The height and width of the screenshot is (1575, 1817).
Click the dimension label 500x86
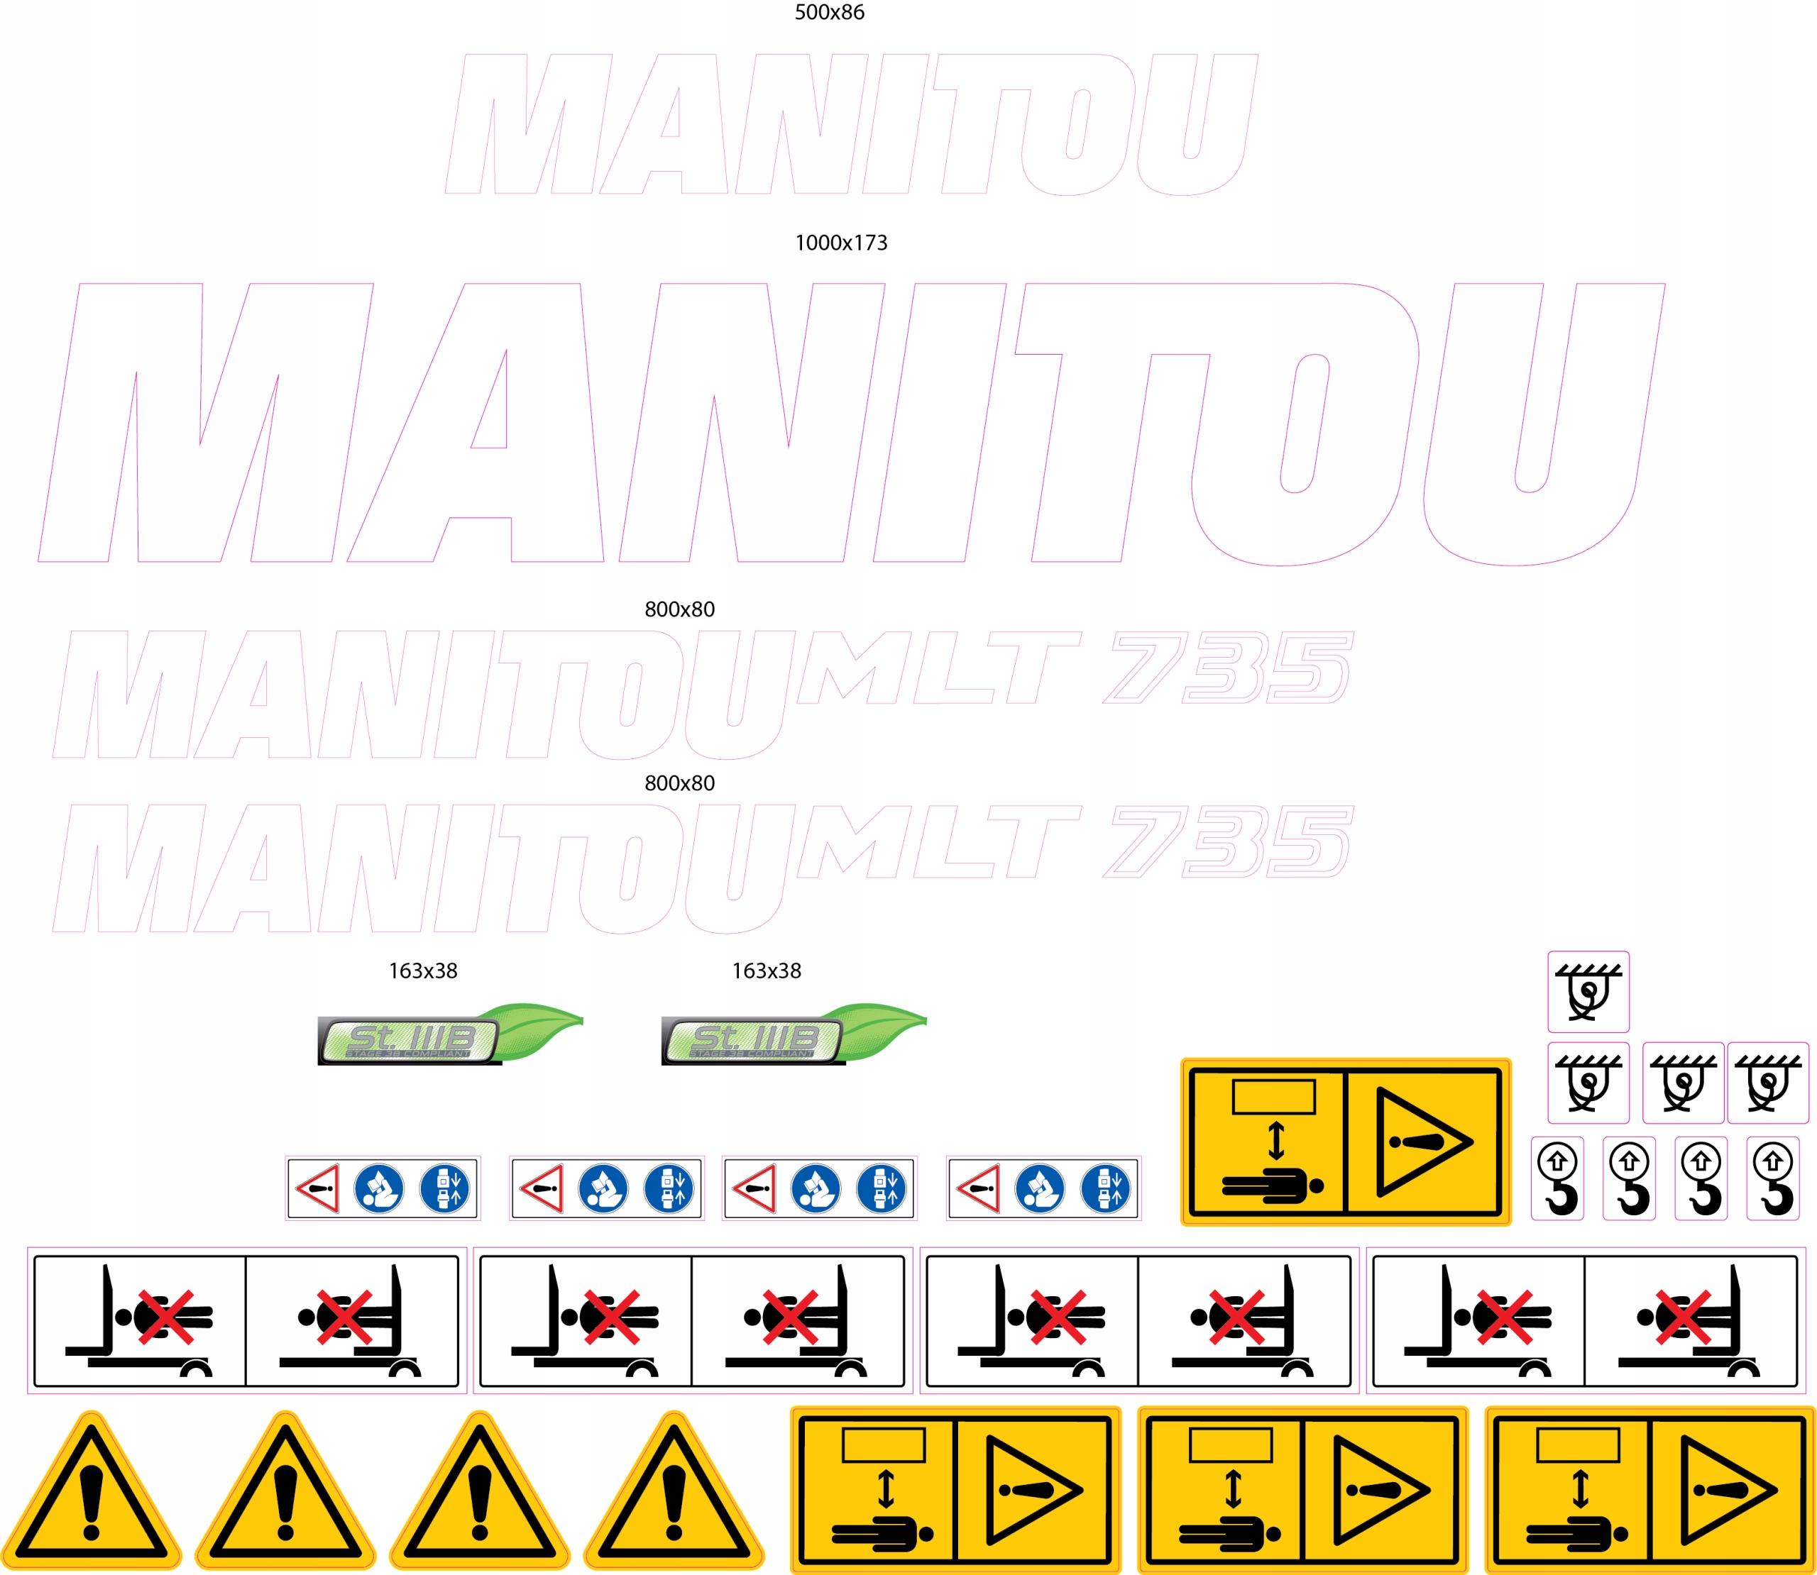[829, 12]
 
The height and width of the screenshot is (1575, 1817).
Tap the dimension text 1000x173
[840, 243]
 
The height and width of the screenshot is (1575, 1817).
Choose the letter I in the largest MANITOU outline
[939, 422]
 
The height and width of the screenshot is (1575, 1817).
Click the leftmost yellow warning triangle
[92, 1494]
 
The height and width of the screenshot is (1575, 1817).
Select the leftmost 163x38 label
[423, 971]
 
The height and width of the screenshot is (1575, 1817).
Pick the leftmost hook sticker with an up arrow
[1558, 1178]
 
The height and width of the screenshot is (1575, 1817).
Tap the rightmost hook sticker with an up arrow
[1773, 1178]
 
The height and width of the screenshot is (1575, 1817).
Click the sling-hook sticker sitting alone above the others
[1588, 991]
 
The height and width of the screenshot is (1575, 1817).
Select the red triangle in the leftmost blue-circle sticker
[318, 1188]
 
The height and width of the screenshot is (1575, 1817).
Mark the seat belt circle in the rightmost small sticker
[1106, 1188]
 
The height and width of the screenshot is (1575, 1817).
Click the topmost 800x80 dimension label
[679, 609]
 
